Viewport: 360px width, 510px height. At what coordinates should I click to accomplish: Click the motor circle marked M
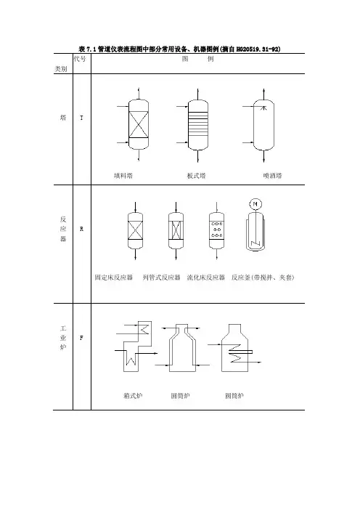(x=255, y=204)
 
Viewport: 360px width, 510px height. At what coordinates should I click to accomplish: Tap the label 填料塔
(x=123, y=176)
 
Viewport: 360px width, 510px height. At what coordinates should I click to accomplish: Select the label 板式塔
(x=196, y=176)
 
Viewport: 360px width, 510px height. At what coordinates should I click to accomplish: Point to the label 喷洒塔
(x=272, y=176)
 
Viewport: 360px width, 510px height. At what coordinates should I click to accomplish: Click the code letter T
(x=81, y=118)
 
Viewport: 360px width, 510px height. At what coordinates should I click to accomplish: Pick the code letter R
(x=81, y=229)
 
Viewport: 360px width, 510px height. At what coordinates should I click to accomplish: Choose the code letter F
(x=81, y=338)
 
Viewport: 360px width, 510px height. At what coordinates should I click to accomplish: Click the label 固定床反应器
(x=114, y=278)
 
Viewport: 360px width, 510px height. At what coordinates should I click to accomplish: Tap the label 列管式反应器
(x=161, y=278)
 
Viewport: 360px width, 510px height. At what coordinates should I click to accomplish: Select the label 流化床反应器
(x=206, y=278)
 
